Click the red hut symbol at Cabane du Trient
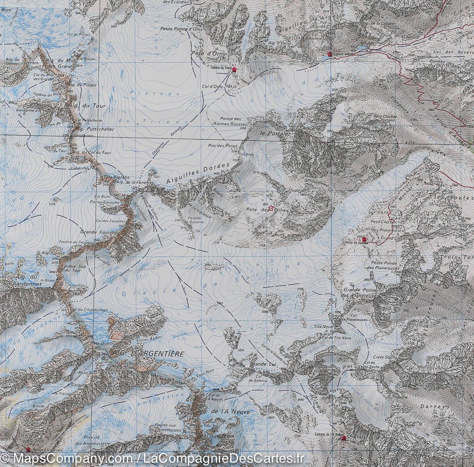[234, 69]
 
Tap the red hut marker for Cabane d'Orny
[329, 54]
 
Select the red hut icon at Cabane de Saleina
[364, 239]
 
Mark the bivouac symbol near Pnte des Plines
[271, 207]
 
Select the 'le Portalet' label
[275, 134]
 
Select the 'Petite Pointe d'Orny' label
[181, 28]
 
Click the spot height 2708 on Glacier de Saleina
[301, 290]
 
